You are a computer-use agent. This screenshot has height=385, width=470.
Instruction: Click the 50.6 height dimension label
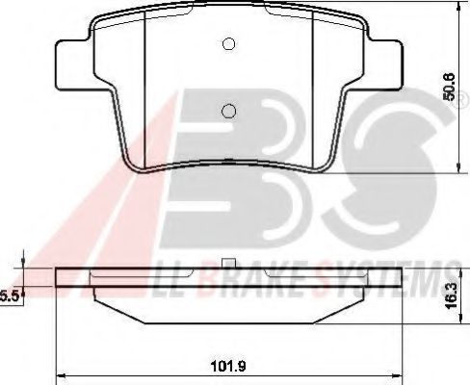[449, 87]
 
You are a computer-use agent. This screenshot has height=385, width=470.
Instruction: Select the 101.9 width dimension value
[228, 366]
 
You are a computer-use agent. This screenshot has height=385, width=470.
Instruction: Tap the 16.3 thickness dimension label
[452, 295]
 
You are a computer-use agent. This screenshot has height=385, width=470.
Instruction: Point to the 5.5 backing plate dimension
[9, 296]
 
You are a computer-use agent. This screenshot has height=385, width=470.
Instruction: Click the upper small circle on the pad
[228, 44]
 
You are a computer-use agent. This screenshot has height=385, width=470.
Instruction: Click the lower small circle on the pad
[228, 112]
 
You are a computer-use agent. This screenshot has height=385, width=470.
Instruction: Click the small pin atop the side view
[228, 263]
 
